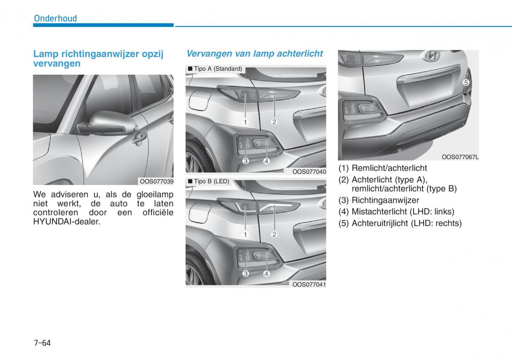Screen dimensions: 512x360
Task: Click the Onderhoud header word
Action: (x=55, y=18)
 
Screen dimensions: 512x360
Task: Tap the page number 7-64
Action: (x=42, y=343)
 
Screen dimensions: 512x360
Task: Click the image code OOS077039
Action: (x=157, y=181)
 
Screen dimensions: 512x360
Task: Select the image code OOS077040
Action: (x=309, y=172)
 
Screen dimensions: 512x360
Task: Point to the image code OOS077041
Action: (x=309, y=284)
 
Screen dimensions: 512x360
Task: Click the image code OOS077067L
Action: (x=460, y=157)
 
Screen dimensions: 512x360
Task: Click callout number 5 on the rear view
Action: (x=466, y=82)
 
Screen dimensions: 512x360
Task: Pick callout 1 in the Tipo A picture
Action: (x=245, y=122)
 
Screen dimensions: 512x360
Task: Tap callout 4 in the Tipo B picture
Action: (x=266, y=274)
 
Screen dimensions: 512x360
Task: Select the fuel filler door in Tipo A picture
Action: (x=199, y=100)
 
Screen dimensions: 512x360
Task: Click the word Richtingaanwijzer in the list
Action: (x=385, y=200)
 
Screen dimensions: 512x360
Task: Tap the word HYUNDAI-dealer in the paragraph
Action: (x=67, y=221)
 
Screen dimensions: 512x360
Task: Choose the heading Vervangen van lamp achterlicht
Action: (x=255, y=53)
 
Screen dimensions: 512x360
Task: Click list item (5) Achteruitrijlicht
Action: (x=400, y=223)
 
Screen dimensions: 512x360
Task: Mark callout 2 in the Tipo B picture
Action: (x=274, y=234)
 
